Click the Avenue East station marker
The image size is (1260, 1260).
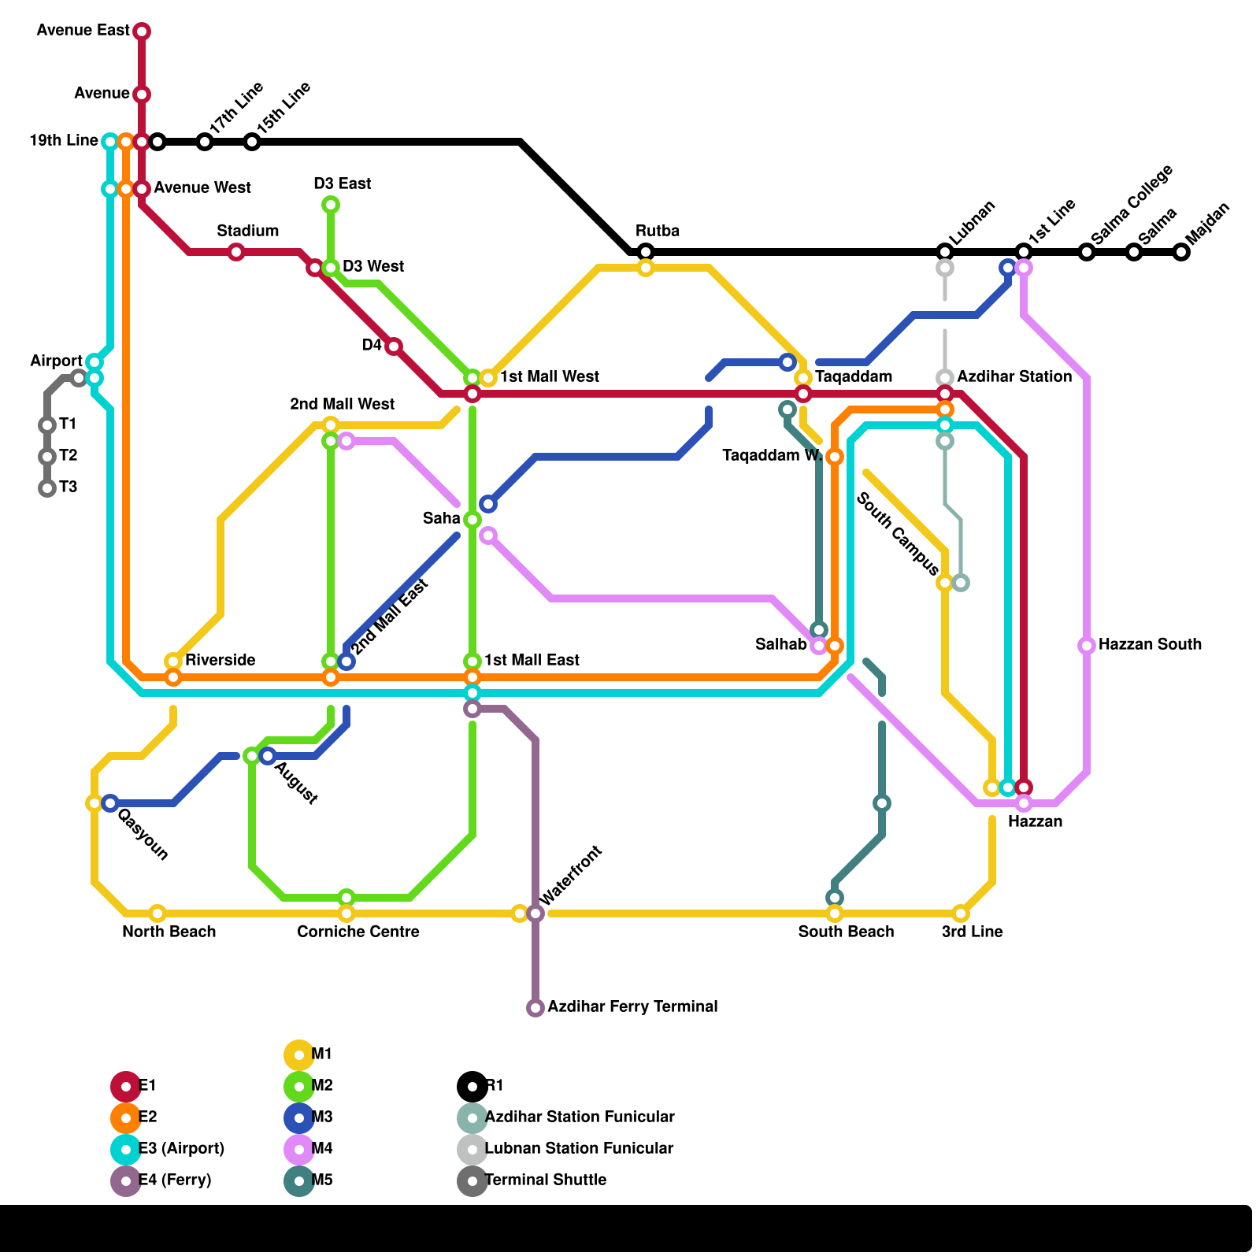pos(142,31)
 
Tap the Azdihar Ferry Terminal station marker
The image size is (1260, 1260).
pos(535,1008)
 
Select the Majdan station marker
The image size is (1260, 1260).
pos(1181,252)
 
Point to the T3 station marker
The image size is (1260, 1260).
pos(47,488)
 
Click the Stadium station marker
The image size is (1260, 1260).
pos(236,252)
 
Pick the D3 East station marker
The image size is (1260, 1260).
pos(331,205)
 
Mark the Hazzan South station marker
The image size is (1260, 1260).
pos(1087,646)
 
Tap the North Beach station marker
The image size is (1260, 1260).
pos(157,913)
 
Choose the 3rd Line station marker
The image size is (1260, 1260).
pos(961,913)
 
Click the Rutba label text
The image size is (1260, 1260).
pos(658,231)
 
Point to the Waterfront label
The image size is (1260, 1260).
pos(571,875)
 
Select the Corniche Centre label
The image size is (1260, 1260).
pos(358,932)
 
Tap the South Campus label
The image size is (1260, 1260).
pos(898,533)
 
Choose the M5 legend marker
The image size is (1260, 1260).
pos(299,1180)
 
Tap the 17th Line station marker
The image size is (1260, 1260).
pos(205,142)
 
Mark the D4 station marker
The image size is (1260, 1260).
pos(394,346)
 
